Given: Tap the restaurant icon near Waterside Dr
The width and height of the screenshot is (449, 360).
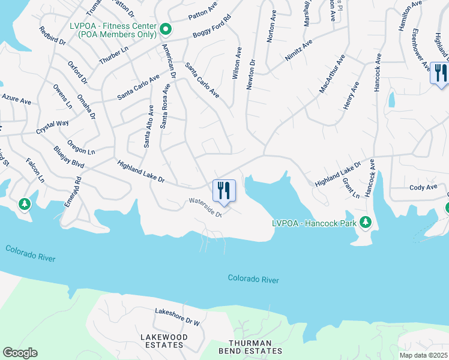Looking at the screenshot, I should (224, 191).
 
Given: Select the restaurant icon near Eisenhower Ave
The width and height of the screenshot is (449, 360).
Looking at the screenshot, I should (440, 73).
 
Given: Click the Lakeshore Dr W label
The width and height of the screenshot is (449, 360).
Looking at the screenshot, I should (177, 317).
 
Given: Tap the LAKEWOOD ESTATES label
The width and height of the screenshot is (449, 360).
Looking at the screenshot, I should (162, 341).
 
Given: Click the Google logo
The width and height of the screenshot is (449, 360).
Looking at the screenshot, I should (20, 353).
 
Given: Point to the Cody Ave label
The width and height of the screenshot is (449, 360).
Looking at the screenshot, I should (423, 188).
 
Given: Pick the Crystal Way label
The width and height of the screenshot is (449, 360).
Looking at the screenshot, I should (52, 127).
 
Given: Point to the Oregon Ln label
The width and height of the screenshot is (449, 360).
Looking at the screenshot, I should (82, 148).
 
